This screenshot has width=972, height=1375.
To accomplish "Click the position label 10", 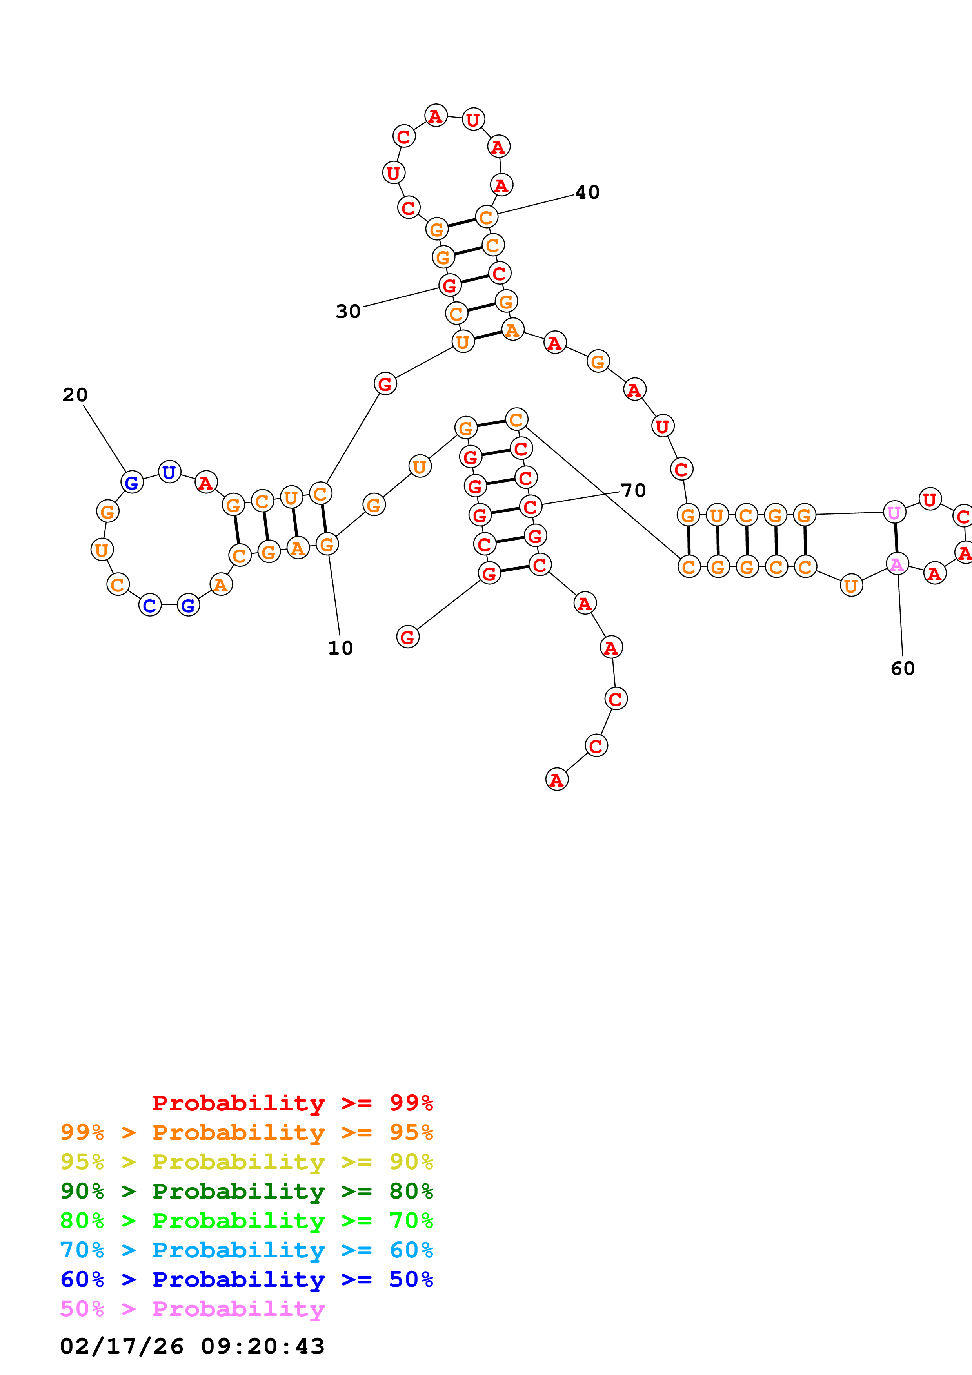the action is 340,648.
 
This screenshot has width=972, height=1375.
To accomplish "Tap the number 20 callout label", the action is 75,395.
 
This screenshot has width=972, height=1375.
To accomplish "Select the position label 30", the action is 348,311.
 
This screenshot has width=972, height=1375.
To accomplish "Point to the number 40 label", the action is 587,192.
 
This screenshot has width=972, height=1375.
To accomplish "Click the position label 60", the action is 903,668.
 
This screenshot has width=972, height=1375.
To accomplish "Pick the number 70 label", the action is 633,490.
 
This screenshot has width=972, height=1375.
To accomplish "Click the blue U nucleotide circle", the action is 169,472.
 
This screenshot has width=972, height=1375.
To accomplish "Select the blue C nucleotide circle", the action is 150,606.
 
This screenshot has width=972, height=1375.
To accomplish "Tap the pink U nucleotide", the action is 894,513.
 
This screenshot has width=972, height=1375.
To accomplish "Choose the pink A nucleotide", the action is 897,564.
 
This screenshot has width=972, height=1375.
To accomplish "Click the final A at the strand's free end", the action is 556,780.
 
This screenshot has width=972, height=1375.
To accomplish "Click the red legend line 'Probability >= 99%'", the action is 292,1103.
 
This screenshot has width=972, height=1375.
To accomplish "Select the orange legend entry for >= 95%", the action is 247,1132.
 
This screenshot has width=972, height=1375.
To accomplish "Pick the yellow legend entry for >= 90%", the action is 247,1161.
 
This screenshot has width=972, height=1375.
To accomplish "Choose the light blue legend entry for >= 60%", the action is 247,1250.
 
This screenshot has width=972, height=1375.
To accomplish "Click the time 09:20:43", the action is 262,1346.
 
